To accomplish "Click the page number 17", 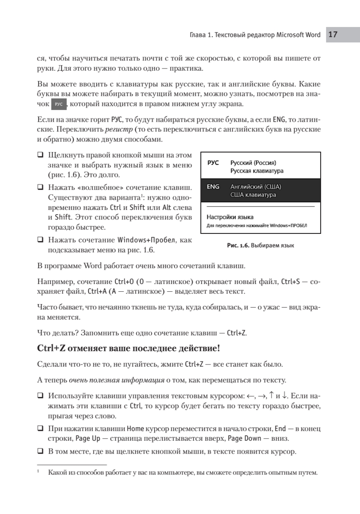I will tap(333, 35).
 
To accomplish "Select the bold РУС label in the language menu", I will tap(213, 163).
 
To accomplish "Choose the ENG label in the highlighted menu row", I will tap(213, 187).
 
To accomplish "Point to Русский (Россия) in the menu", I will tap(253, 163).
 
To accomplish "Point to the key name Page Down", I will tap(243, 439).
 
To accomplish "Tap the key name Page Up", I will tap(87, 439).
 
